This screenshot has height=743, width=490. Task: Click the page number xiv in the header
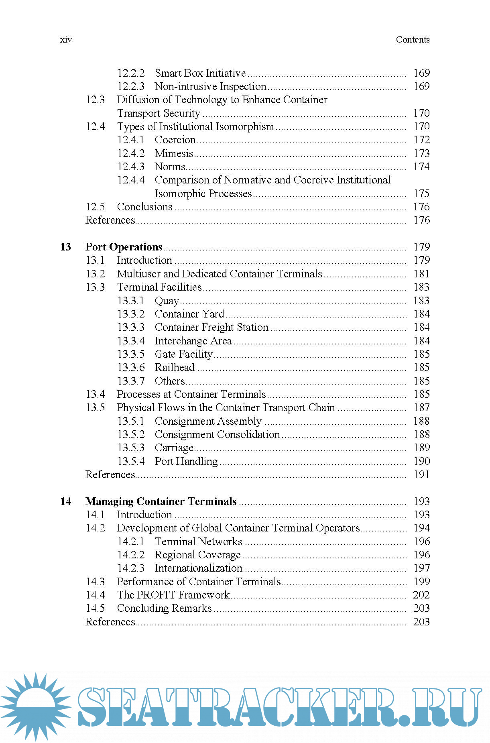[66, 40]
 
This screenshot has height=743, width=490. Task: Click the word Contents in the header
[412, 40]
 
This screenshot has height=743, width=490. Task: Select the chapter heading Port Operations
[124, 247]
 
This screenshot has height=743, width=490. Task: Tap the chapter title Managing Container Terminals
[161, 501]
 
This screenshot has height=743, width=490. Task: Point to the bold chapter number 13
[65, 247]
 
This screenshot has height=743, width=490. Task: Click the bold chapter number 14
[65, 501]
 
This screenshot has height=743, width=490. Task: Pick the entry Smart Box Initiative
[200, 73]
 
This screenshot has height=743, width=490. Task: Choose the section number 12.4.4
[131, 180]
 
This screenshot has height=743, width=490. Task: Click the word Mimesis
[174, 153]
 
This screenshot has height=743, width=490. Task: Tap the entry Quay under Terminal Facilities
[167, 301]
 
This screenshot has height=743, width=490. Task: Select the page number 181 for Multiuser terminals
[421, 274]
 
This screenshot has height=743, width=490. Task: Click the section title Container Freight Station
[211, 327]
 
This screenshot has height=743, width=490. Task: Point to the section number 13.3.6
[131, 367]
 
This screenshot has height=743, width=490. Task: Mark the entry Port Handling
[186, 461]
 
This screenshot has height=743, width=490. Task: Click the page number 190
[421, 461]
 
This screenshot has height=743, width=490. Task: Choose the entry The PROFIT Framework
[173, 595]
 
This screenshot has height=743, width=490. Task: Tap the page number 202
[421, 595]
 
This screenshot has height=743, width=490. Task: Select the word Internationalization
[198, 568]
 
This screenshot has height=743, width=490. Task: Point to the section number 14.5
[95, 608]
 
